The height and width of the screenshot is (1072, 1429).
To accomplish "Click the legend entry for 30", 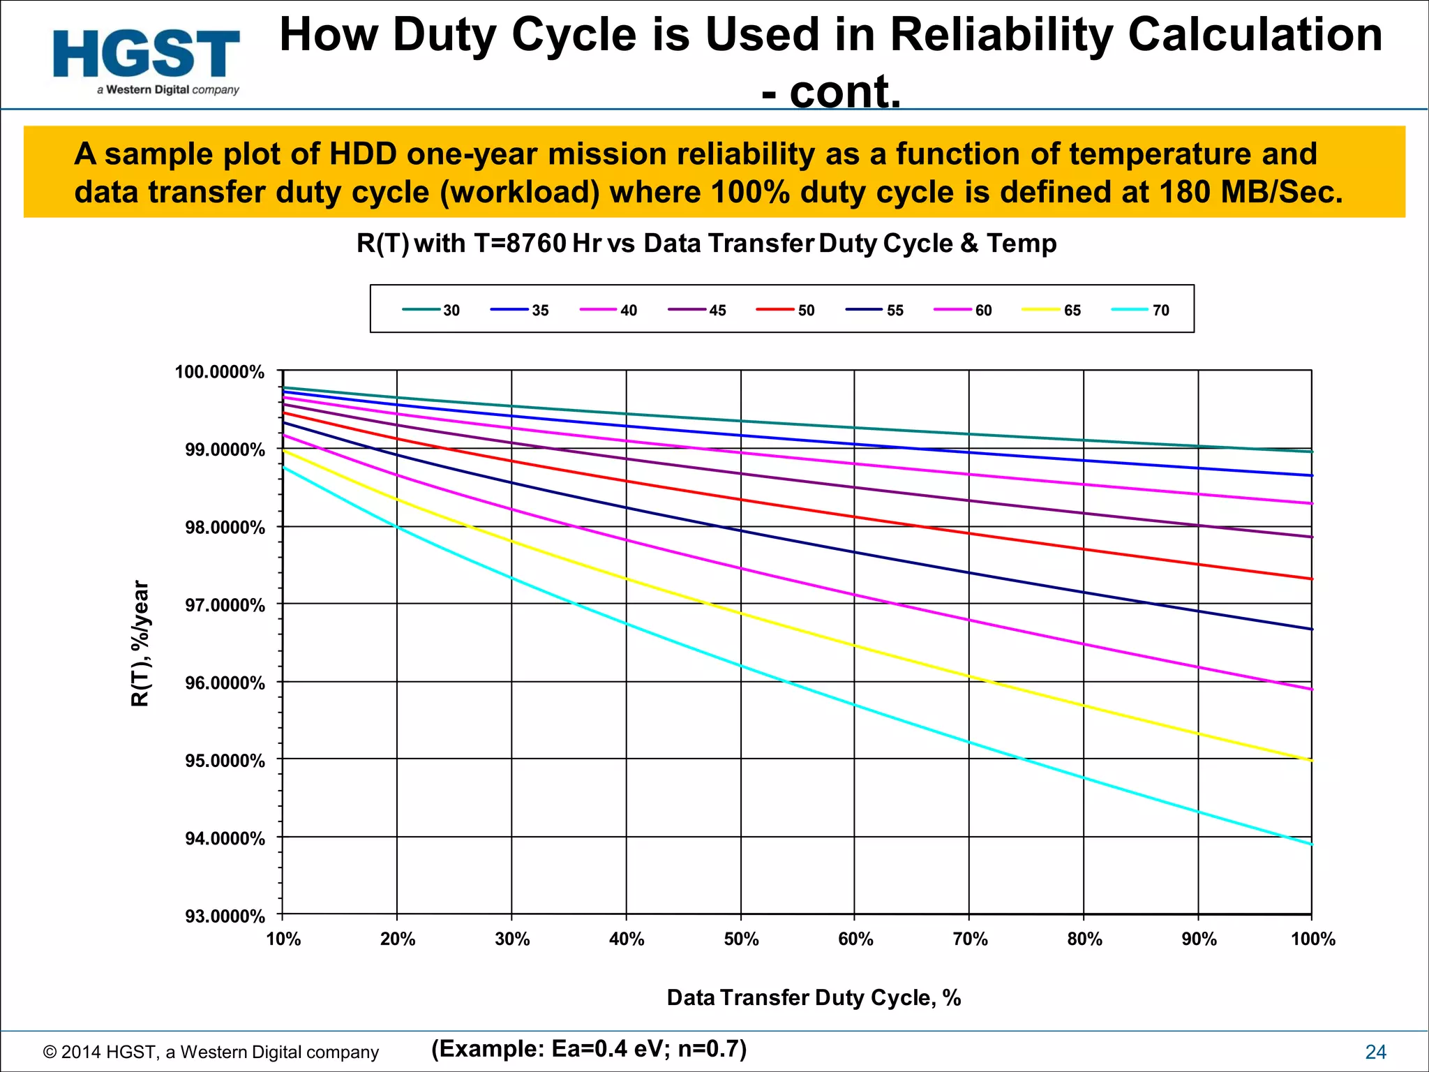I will [x=431, y=310].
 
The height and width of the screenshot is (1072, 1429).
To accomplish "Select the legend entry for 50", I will [x=786, y=310].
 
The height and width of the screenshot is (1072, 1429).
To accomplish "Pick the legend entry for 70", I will [x=1140, y=310].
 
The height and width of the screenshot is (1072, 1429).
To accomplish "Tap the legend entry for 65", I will [x=1052, y=310].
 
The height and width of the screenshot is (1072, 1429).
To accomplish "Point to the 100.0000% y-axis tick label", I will [x=220, y=372].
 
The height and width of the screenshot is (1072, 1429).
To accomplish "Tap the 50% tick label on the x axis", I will [x=741, y=939].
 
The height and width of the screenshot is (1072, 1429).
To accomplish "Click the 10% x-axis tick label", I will [x=283, y=939].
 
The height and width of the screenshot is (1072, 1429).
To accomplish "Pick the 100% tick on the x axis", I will [x=1312, y=939].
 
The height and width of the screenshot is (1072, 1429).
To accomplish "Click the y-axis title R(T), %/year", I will [x=140, y=643].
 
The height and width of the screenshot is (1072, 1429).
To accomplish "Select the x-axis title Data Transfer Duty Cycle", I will [x=814, y=997].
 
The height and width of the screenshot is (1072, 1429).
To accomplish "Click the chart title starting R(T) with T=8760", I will [x=706, y=244].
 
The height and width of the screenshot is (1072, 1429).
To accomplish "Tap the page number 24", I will [x=1375, y=1052].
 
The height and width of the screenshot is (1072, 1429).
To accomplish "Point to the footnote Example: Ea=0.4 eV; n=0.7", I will [x=589, y=1048].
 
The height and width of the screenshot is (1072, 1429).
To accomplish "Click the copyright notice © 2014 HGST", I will [x=211, y=1052].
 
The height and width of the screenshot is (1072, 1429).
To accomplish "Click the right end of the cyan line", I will [x=1311, y=844].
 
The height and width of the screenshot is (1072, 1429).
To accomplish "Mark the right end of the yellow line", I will [x=1311, y=760].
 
